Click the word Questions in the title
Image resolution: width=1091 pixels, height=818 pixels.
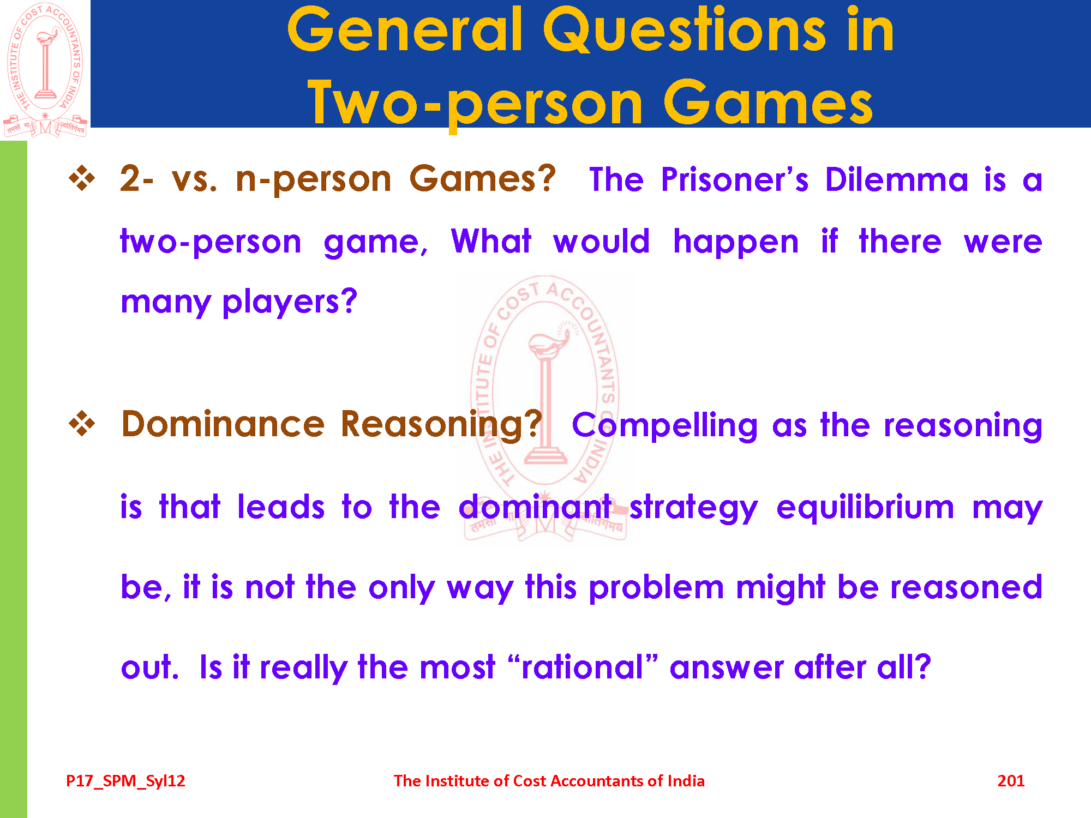pos(684,30)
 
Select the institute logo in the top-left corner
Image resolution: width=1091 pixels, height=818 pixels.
pos(45,70)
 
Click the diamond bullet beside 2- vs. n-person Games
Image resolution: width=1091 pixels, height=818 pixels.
pos(82,179)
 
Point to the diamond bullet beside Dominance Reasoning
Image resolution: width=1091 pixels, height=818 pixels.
pos(82,424)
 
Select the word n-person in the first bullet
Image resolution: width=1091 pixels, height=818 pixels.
pos(314,179)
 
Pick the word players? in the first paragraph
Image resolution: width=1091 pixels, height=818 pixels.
pos(290,302)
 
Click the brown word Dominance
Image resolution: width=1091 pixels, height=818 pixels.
pos(223,424)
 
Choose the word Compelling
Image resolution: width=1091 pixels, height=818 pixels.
pos(665,426)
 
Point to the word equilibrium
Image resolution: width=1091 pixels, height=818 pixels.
pos(865,507)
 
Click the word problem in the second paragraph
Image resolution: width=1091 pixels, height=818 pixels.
pos(657,588)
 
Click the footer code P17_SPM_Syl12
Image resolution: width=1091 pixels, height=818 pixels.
pos(125,781)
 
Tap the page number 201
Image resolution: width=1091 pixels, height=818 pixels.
pos(1011,781)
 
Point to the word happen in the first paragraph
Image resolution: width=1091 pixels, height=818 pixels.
pos(736,242)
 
